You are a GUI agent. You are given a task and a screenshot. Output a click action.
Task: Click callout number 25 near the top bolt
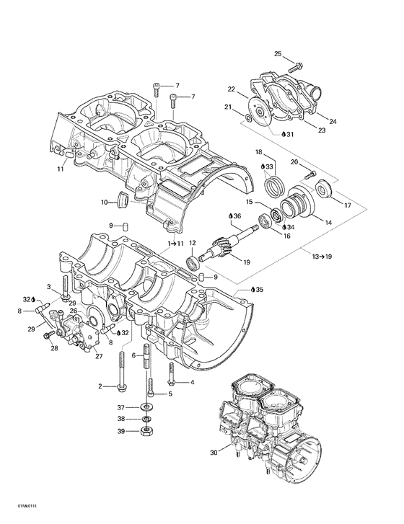(x=278, y=55)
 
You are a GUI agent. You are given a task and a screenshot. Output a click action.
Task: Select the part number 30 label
(x=213, y=453)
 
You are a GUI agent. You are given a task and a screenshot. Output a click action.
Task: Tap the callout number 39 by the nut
(x=122, y=431)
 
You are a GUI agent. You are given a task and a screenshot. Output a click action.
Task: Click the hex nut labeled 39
(x=147, y=431)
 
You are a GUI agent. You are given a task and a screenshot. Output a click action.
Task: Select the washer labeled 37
(x=147, y=409)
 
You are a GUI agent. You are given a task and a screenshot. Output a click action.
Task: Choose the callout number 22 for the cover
(x=232, y=90)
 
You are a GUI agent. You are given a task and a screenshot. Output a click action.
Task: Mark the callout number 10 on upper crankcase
(x=104, y=202)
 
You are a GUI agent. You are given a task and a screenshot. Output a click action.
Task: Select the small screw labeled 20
(x=311, y=174)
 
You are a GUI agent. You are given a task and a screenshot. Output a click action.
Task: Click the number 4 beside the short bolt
(x=192, y=382)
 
